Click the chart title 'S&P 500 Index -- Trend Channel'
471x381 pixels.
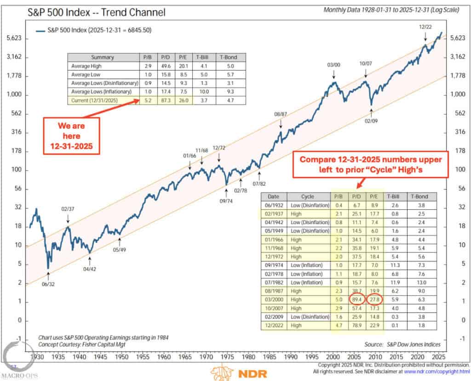click(x=94, y=11)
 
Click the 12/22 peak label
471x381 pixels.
click(x=425, y=27)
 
